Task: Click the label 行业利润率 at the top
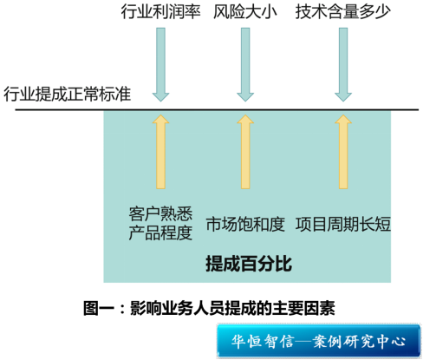tap(160, 11)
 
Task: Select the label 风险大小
tap(245, 11)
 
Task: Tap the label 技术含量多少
tap(343, 11)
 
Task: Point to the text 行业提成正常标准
tap(68, 94)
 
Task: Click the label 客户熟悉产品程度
tap(160, 223)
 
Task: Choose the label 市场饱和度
tap(245, 224)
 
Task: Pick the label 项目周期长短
tap(343, 224)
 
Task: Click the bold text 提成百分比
tap(249, 264)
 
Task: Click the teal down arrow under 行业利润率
tap(160, 64)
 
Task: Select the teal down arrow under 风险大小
tap(245, 64)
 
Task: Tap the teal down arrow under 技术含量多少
tap(343, 64)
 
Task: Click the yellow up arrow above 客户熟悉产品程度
tap(160, 152)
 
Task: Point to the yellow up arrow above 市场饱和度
tap(245, 152)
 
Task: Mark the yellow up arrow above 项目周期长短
tap(343, 152)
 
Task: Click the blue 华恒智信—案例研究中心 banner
tap(318, 341)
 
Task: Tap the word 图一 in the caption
tap(99, 308)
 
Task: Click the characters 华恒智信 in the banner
tap(263, 341)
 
